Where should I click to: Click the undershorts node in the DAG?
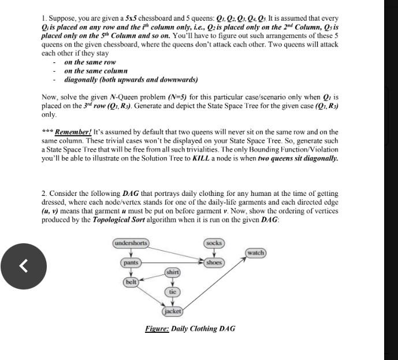pyautogui.click(x=131, y=243)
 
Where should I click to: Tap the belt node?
pyautogui.click(x=131, y=282)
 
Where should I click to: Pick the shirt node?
pyautogui.click(x=173, y=272)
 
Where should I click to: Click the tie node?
pyautogui.click(x=173, y=292)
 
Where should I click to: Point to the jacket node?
pyautogui.click(x=173, y=311)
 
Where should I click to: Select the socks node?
pyautogui.click(x=214, y=243)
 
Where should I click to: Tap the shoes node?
pyautogui.click(x=214, y=263)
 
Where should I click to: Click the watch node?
pyautogui.click(x=255, y=253)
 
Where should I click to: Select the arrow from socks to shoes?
pyautogui.click(x=214, y=253)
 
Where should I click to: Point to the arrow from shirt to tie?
pyautogui.click(x=173, y=282)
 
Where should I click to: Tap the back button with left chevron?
pyautogui.click(x=24, y=266)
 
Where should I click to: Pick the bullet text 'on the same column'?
pyautogui.click(x=95, y=70)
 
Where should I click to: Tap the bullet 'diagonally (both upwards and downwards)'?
pyautogui.click(x=131, y=79)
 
